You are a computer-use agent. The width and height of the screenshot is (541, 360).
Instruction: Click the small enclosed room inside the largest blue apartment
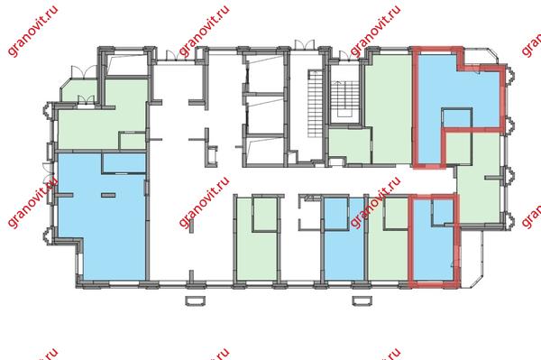(x=124, y=162)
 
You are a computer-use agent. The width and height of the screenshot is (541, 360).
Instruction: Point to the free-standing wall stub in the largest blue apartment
(x=108, y=195)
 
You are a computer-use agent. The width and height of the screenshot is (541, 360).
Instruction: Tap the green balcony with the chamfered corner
(x=79, y=91)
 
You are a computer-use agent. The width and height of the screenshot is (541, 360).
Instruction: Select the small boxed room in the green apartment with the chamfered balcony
(x=133, y=141)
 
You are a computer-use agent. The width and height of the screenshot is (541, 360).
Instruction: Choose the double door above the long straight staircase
(x=305, y=44)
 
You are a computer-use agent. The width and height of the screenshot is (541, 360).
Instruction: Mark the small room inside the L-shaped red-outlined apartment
(x=457, y=117)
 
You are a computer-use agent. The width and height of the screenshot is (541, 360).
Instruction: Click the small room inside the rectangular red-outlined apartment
(x=443, y=212)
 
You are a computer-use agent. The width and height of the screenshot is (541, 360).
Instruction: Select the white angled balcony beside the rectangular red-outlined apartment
(x=472, y=257)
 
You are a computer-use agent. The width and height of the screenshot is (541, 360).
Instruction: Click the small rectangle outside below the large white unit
(x=196, y=300)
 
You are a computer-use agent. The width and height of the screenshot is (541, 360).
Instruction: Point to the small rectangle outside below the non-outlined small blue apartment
(x=362, y=300)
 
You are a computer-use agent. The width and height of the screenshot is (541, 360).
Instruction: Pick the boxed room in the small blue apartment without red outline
(x=336, y=213)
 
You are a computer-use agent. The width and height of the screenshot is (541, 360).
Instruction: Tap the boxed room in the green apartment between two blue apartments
(x=397, y=214)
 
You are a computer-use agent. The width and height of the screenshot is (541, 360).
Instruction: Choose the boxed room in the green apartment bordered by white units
(x=265, y=214)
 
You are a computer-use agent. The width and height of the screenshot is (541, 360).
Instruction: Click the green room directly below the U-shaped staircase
(x=350, y=145)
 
